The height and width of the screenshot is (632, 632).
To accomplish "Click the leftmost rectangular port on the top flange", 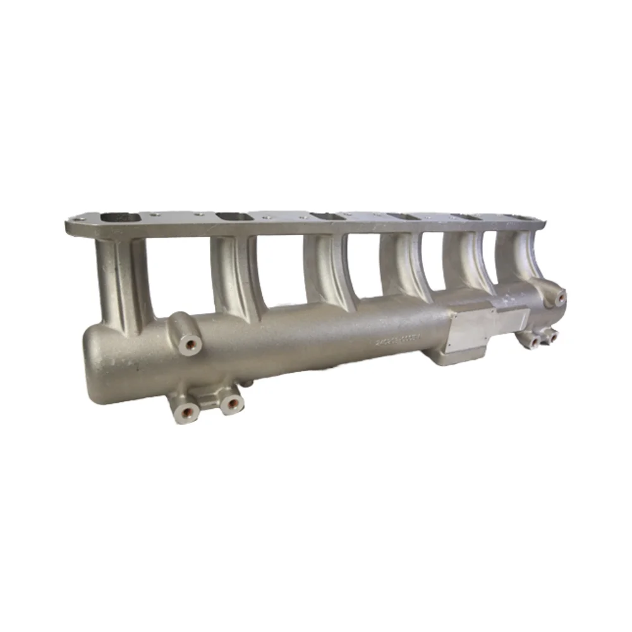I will coord(123,217).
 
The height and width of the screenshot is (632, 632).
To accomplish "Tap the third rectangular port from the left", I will coord(327,216).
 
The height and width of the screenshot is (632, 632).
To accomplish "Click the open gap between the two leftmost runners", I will coord(180,272).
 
